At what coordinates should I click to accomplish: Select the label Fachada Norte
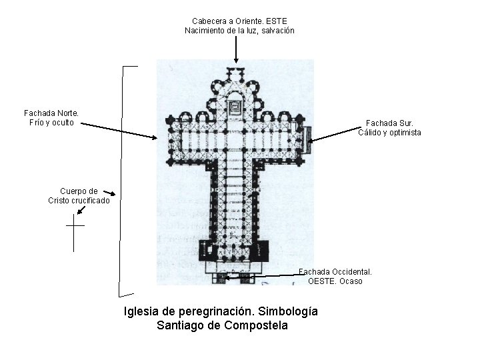(x=51, y=113)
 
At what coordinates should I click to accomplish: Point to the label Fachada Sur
(x=389, y=123)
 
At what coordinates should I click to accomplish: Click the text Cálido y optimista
(x=389, y=133)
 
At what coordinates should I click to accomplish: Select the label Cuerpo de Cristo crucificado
(x=79, y=195)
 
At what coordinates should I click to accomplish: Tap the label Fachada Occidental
(x=335, y=271)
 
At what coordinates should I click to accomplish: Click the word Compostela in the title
(x=257, y=325)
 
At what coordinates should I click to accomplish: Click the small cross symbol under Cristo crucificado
(x=74, y=233)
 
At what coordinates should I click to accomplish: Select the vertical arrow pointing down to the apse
(x=236, y=50)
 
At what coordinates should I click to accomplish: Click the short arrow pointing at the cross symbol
(x=81, y=210)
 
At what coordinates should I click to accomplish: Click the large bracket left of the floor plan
(x=122, y=180)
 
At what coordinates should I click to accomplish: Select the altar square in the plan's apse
(x=235, y=107)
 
